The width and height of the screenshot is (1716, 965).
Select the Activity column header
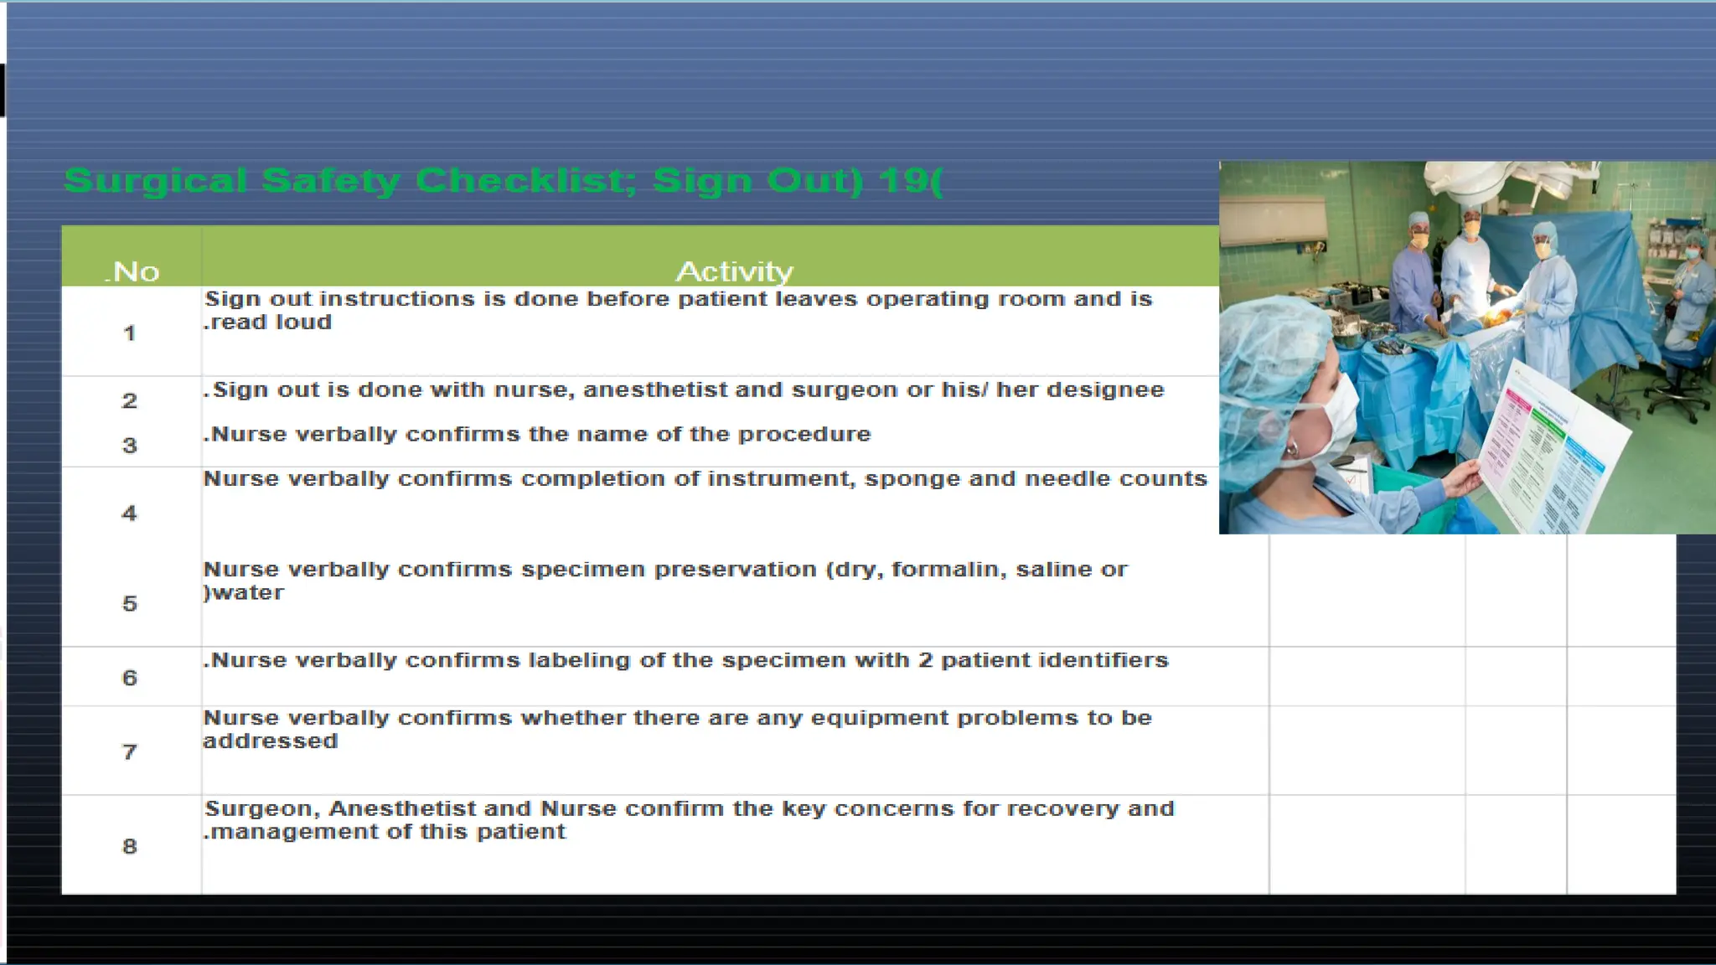(734, 271)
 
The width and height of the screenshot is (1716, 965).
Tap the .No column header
(132, 271)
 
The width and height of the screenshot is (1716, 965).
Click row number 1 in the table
(129, 333)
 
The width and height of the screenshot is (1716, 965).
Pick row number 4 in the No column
(129, 513)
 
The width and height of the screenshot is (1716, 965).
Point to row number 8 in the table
(129, 846)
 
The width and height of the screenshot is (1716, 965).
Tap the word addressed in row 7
(270, 741)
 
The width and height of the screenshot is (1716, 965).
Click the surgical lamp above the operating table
(1500, 180)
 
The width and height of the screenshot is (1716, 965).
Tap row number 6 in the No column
(129, 678)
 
